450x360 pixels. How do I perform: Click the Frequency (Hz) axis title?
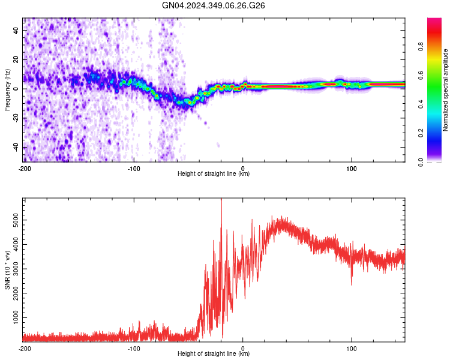coord(7,89)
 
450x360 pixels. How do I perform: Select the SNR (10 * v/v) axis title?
coord(7,270)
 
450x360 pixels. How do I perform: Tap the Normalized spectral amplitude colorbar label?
coord(445,90)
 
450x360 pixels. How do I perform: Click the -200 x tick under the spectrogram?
coord(25,167)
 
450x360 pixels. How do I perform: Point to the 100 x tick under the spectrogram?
coord(352,167)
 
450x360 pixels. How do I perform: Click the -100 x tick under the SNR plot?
coord(134,348)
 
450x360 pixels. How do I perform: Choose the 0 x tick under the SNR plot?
coord(242,348)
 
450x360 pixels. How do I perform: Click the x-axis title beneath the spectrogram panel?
coord(214,174)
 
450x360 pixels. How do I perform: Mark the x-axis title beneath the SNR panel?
coord(214,354)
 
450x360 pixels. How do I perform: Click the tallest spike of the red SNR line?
coord(221,200)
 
